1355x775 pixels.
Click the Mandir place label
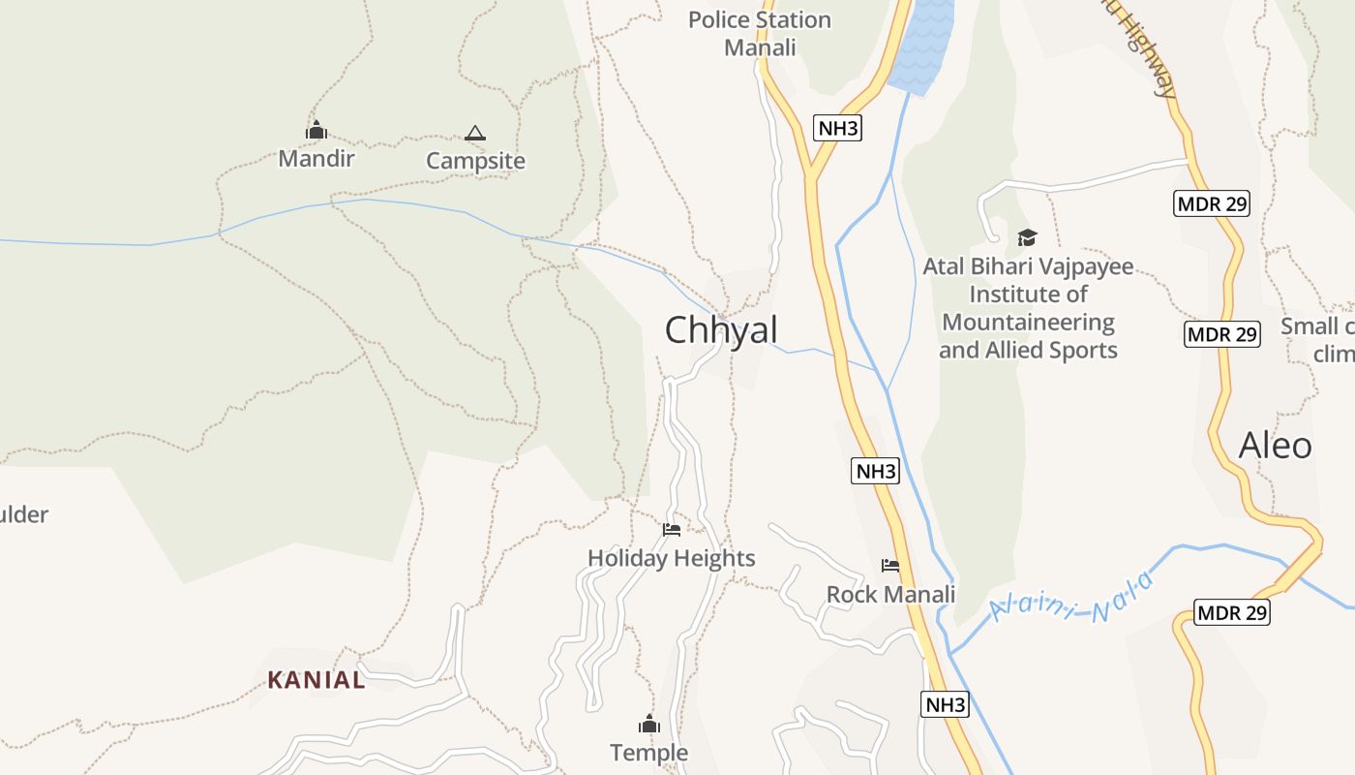click(316, 158)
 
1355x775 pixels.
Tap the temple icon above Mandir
click(316, 130)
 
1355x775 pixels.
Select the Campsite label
click(475, 161)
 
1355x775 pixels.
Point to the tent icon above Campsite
click(474, 133)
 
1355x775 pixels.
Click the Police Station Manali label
click(760, 33)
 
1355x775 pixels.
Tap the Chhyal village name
click(721, 330)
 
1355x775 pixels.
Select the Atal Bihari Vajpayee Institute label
click(1028, 308)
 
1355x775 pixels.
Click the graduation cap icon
click(1027, 237)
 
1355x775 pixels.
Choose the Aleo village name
click(1276, 446)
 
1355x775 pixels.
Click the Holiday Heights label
click(672, 558)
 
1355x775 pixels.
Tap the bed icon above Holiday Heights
click(672, 529)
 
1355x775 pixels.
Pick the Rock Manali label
click(890, 594)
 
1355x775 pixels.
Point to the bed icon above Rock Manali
click(890, 565)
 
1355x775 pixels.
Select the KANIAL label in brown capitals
click(316, 680)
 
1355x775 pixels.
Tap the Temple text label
click(648, 753)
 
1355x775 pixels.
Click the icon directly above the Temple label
click(648, 724)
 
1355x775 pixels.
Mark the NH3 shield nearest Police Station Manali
click(838, 128)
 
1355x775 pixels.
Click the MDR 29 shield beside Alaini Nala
click(1232, 612)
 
